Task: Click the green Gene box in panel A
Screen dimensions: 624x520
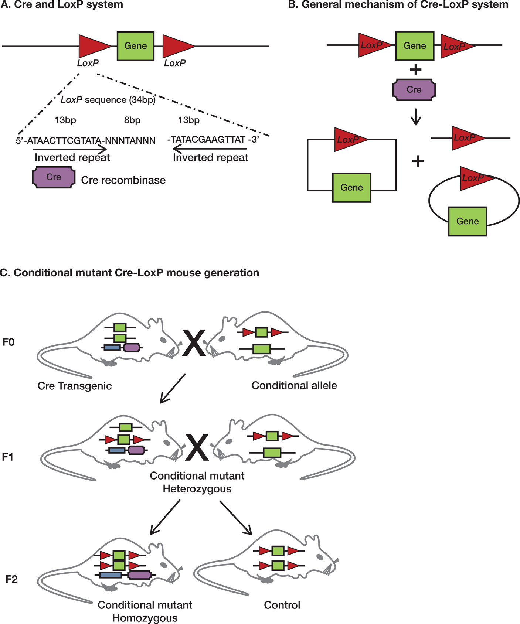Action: click(136, 46)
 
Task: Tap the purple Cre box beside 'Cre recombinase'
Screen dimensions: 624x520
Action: click(54, 177)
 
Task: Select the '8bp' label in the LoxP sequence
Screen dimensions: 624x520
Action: click(132, 120)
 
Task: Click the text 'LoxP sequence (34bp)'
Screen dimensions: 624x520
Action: click(108, 100)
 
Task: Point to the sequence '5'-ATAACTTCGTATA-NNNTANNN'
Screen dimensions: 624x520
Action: click(86, 141)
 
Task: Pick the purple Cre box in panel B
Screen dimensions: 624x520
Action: click(414, 90)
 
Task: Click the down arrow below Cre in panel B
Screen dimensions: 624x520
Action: click(416, 117)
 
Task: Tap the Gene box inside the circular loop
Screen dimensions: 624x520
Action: click(468, 221)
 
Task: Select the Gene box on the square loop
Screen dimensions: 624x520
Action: click(351, 188)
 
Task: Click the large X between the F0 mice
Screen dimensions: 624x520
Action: click(194, 343)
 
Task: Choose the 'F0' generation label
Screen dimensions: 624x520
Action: click(9, 342)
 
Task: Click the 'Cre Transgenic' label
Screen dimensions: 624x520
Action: click(75, 386)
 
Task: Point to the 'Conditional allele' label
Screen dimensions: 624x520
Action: click(294, 386)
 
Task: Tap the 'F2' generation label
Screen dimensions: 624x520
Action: click(11, 579)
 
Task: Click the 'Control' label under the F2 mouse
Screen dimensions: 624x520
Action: click(282, 605)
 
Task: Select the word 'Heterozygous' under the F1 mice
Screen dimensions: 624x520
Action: click(197, 489)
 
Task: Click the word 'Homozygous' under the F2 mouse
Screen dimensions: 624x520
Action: click(145, 618)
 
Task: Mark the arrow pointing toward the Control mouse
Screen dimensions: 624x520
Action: click(236, 518)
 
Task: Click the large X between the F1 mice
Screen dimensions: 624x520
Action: click(197, 447)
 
